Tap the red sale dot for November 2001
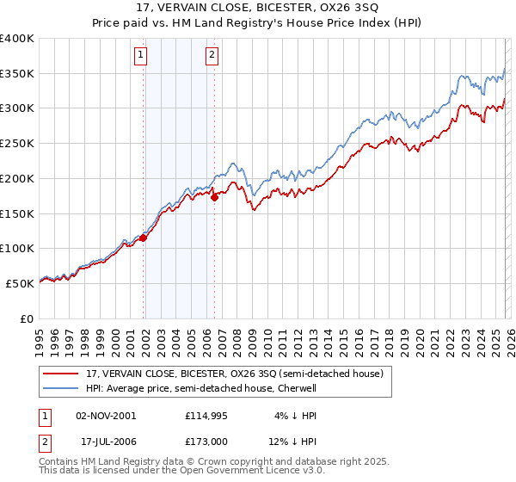tap(144, 238)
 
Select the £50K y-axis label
tap(20, 282)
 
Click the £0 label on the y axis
tap(27, 318)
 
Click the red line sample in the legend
tap(61, 374)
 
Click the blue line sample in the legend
tap(61, 388)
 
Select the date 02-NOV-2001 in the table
tap(106, 415)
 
